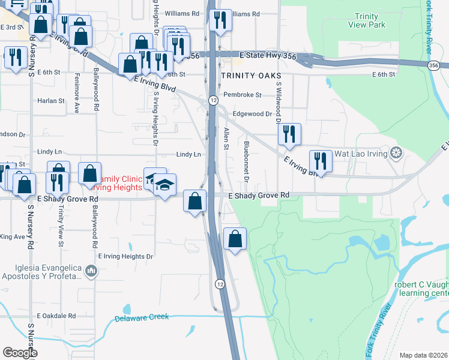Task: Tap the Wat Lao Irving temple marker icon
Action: point(396,153)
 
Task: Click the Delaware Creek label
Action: point(142,317)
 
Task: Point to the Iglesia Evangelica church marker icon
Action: point(91,271)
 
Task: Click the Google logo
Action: point(20,352)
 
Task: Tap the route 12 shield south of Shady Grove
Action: point(221,283)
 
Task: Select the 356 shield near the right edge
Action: point(433,65)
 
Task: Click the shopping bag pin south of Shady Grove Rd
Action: point(235,239)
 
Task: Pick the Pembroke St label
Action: point(243,95)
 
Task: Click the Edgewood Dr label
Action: point(252,113)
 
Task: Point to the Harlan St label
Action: point(51,101)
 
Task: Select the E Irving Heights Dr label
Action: point(125,256)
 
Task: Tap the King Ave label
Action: point(12,237)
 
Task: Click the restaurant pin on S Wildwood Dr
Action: point(289,135)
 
